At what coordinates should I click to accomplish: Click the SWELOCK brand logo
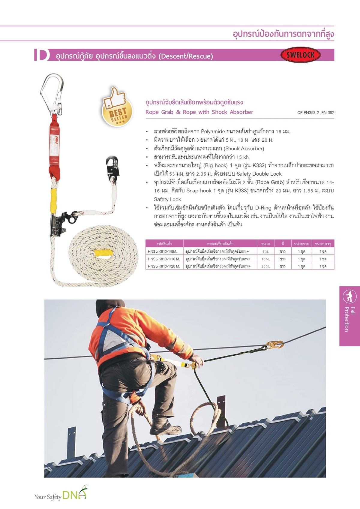(x=301, y=55)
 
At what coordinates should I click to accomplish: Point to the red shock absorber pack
(x=54, y=144)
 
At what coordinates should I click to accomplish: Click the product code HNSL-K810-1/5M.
(x=162, y=251)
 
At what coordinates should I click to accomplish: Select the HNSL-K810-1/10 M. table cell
(x=164, y=259)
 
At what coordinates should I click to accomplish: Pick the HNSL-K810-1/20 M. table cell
(x=164, y=266)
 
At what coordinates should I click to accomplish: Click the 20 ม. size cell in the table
(x=265, y=266)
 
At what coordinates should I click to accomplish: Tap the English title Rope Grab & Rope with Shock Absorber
(x=199, y=112)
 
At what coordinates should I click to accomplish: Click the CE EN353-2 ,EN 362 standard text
(x=316, y=113)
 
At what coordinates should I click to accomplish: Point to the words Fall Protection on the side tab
(x=349, y=319)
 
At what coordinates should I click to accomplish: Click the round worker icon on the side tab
(x=349, y=297)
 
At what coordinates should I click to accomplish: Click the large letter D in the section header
(x=42, y=55)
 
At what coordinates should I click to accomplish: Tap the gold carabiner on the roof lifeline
(x=274, y=345)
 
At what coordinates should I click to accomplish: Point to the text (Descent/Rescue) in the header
(x=186, y=56)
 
